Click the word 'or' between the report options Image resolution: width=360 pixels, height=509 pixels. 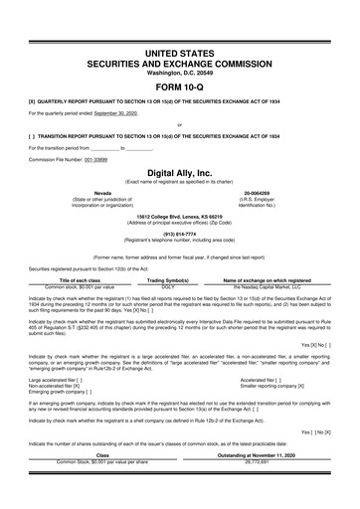point(179,124)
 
